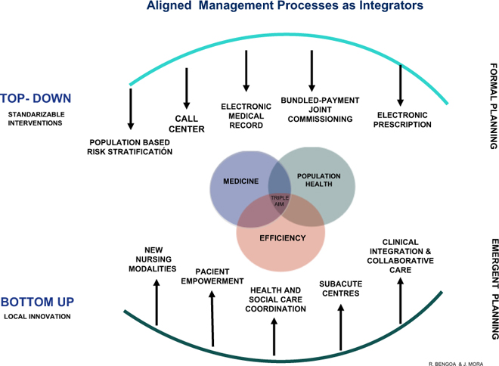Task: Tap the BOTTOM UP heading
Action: pos(37,302)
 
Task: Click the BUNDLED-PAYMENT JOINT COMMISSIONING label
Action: pos(317,109)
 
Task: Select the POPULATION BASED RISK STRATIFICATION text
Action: pos(130,147)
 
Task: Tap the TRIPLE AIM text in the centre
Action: pos(280,200)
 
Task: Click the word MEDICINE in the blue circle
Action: pos(241,181)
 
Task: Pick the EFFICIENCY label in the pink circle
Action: pos(282,238)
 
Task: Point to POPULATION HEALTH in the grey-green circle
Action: pos(318,180)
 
